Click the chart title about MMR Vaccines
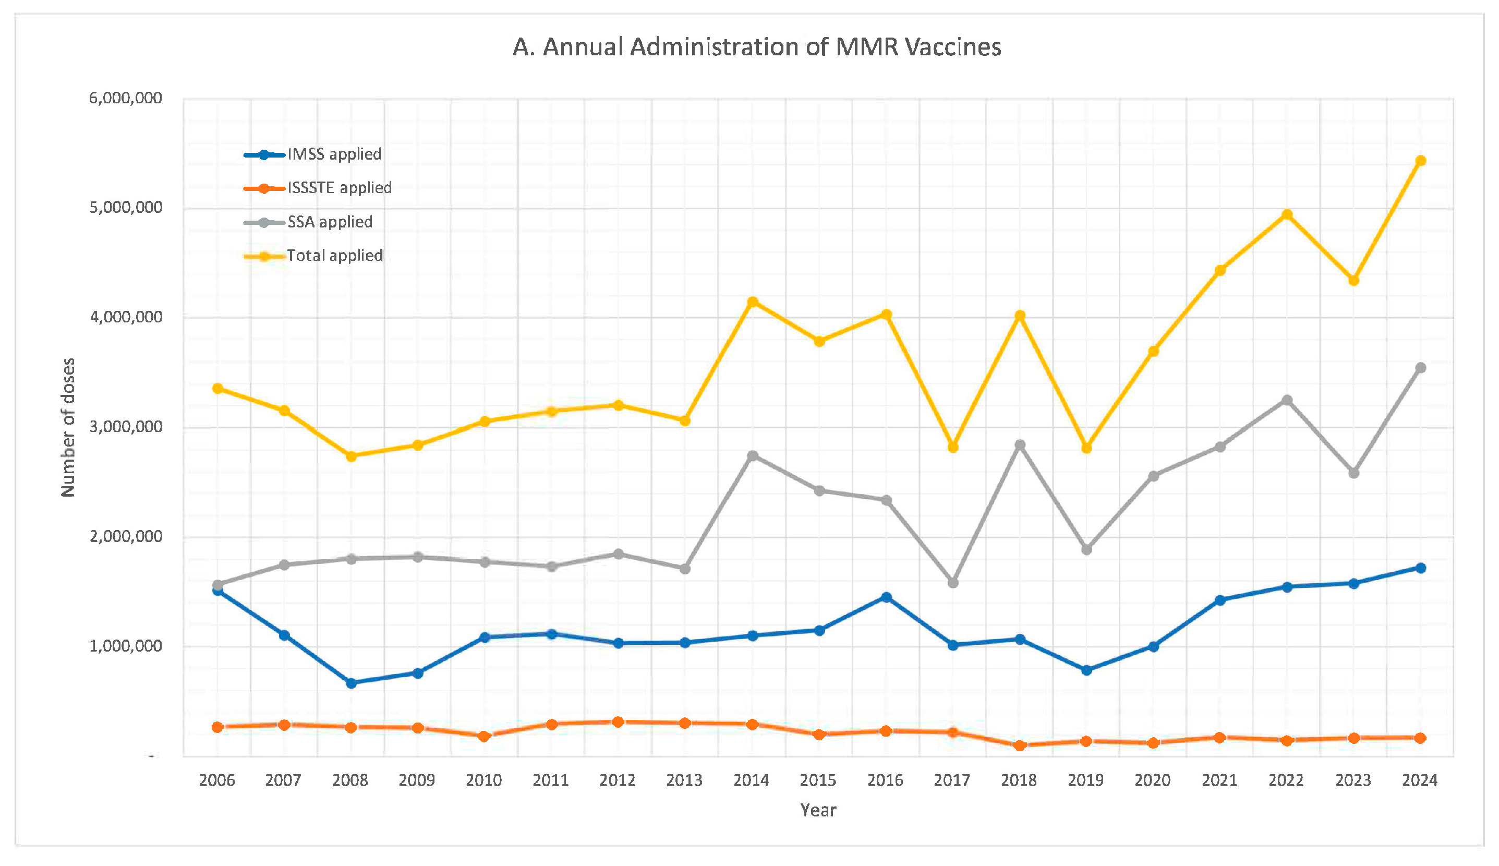point(756,47)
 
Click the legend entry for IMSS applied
point(334,154)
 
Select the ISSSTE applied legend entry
point(339,188)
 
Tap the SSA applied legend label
point(330,222)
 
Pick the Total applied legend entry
point(334,256)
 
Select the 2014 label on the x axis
point(751,780)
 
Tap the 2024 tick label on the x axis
point(1419,780)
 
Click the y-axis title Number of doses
point(68,427)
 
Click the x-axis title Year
point(818,810)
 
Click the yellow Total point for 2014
point(752,302)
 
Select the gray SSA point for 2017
point(953,583)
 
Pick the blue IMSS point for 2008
point(352,683)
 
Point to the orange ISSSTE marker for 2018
point(1020,746)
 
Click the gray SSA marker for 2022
point(1287,400)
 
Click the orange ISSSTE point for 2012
point(618,722)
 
